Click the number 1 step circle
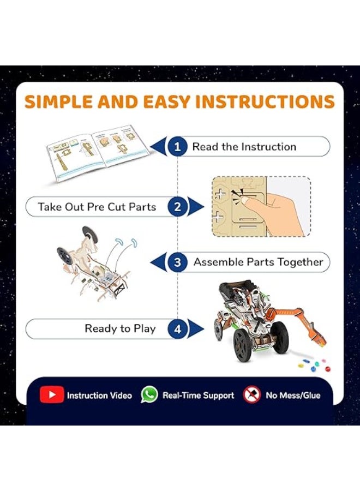(177, 146)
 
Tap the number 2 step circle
(177, 207)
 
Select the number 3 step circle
(177, 262)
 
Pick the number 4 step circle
(177, 329)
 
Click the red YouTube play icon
(52, 395)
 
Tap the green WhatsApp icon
(149, 394)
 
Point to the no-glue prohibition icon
(251, 394)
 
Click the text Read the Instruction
(244, 147)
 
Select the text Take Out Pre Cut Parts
(97, 207)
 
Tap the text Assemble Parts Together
(258, 262)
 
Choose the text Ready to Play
(120, 329)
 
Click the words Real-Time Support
(198, 395)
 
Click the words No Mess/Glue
(293, 395)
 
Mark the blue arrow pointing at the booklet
(159, 147)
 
